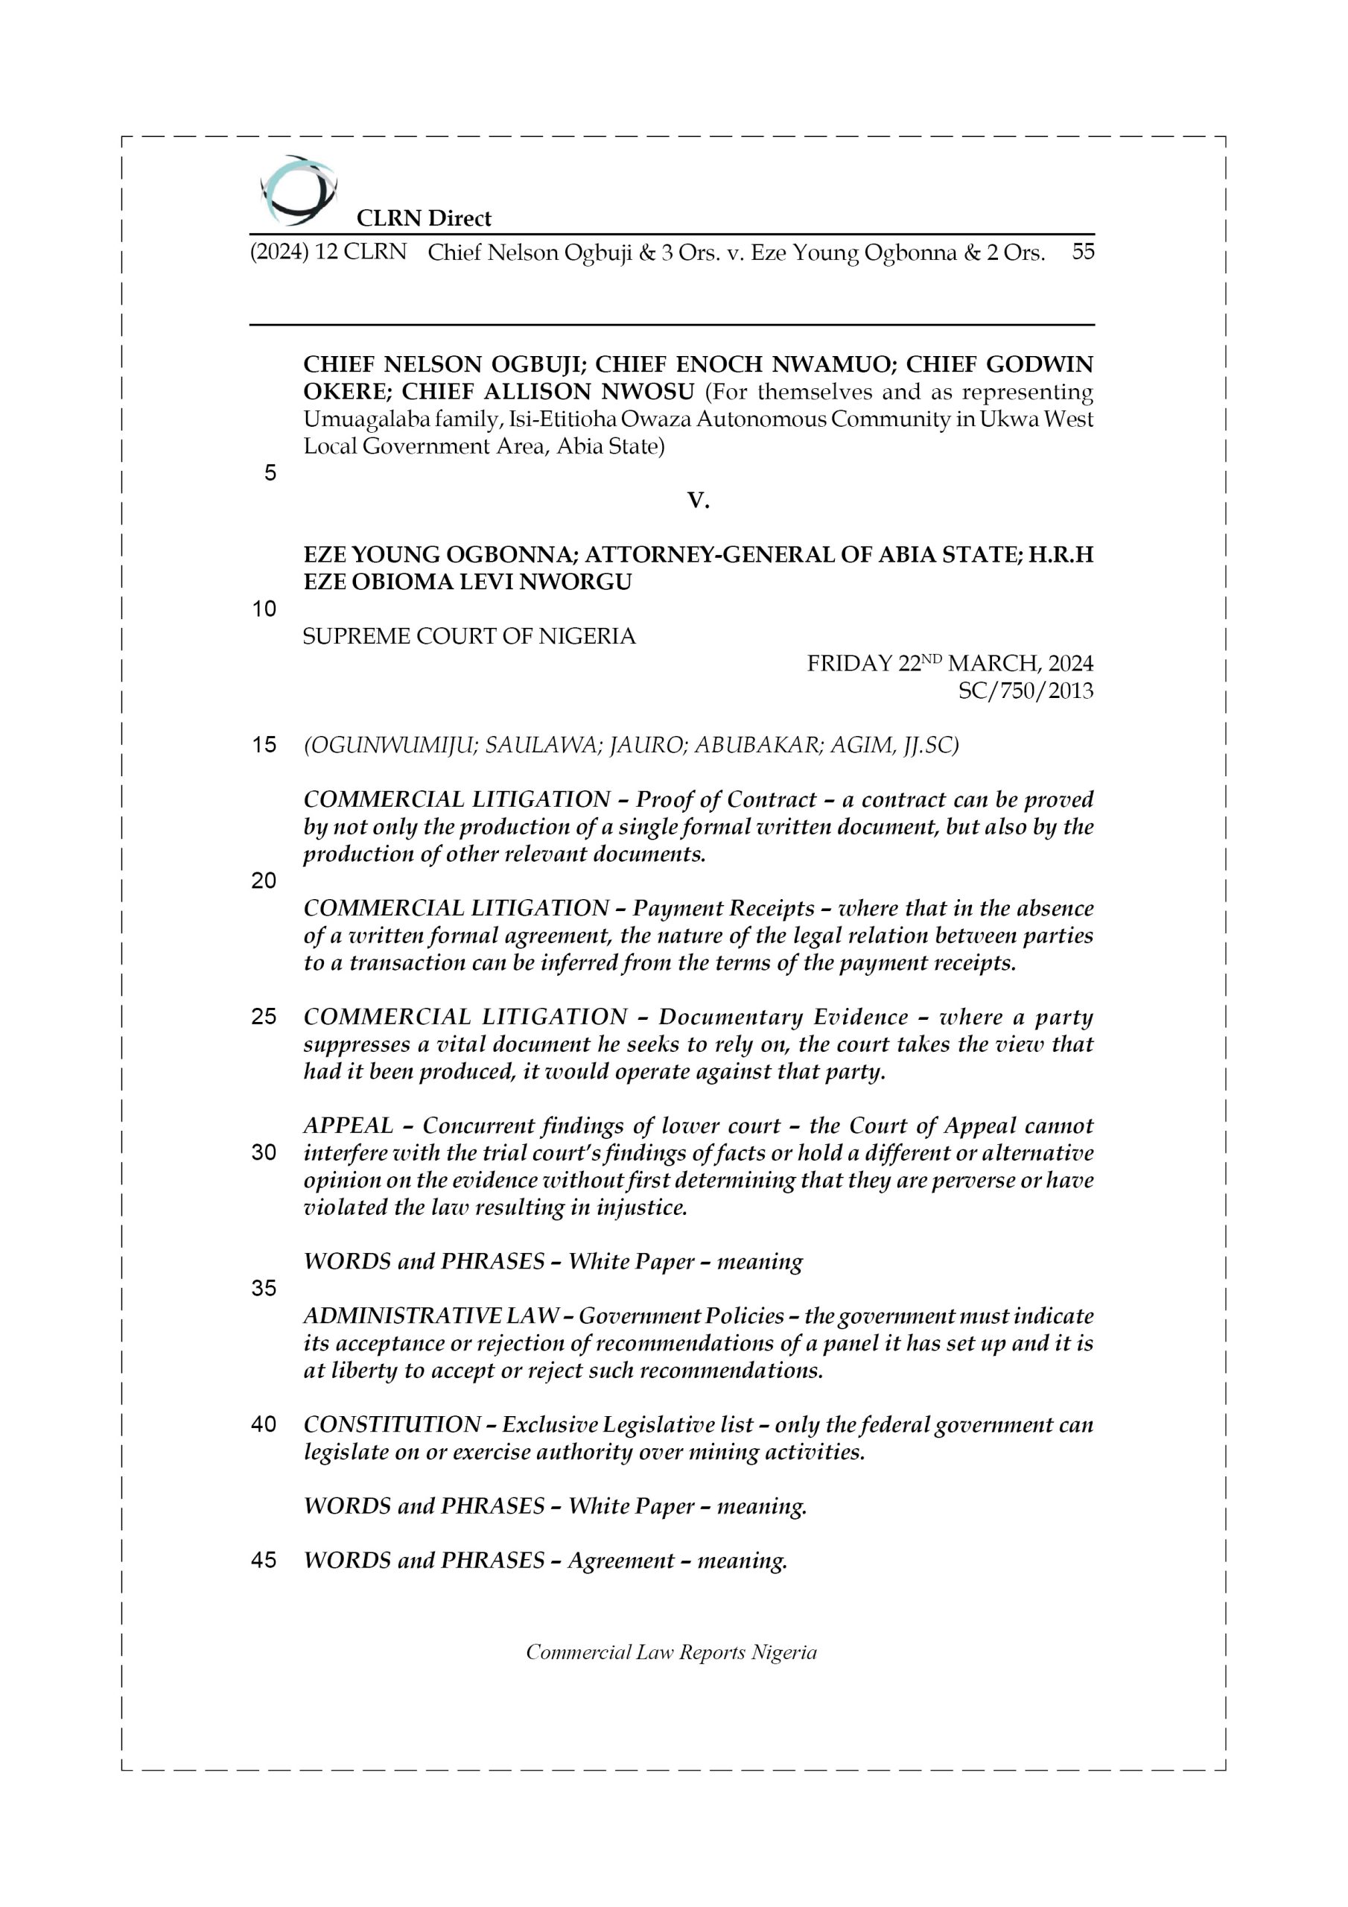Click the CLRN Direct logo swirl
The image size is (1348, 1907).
click(298, 191)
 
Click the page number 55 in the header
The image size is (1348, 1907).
click(1082, 252)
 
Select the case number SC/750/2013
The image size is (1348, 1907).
click(1025, 691)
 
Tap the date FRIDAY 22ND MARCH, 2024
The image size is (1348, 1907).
click(950, 664)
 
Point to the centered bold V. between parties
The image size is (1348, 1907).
click(698, 500)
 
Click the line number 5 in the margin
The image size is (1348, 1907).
click(270, 474)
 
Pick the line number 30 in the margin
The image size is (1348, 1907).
click(264, 1153)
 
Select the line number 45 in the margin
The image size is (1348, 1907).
click(264, 1561)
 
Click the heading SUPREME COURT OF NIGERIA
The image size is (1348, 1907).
click(469, 637)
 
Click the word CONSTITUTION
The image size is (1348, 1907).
click(391, 1425)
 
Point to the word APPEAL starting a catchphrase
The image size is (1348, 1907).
click(348, 1126)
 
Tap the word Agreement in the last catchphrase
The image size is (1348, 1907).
click(620, 1561)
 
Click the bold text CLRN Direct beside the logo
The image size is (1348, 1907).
click(424, 218)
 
